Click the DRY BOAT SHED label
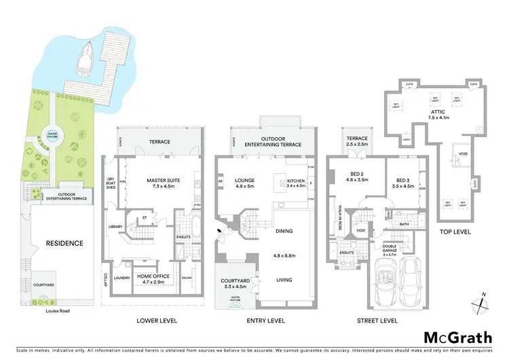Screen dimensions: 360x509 112,185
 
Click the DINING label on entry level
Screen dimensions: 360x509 284,231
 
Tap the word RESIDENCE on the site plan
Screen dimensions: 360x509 64,243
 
